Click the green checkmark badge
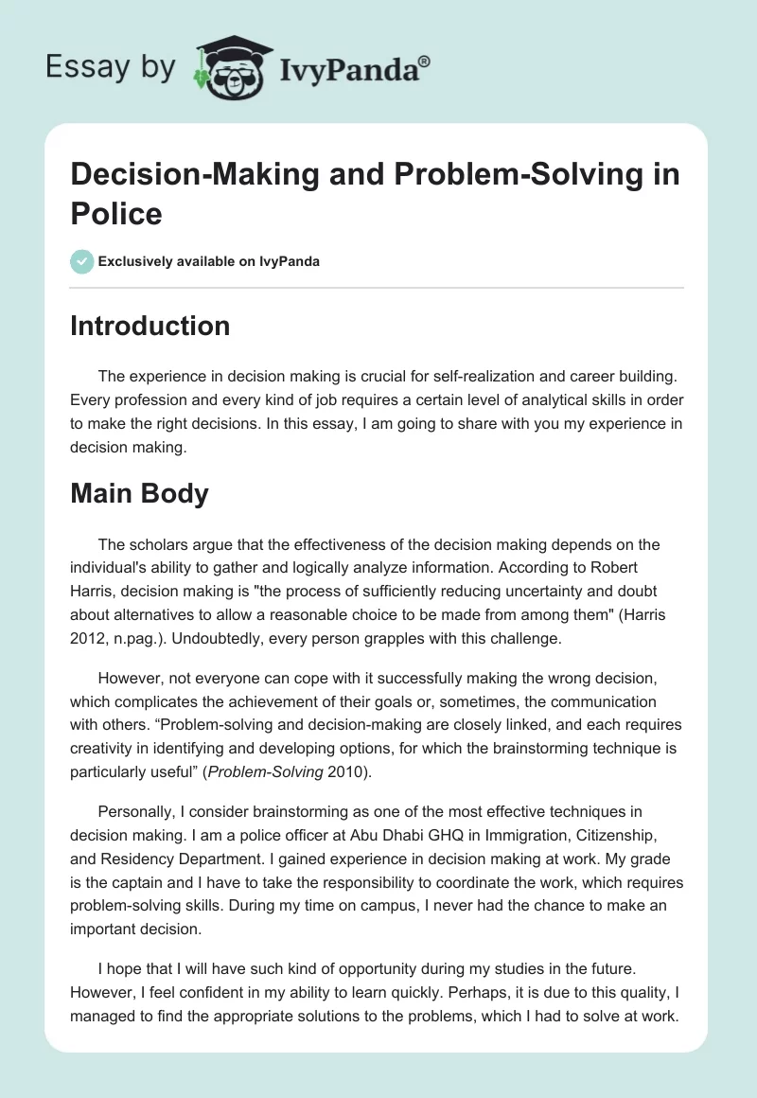coord(82,261)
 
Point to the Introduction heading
coord(150,326)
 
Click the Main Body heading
coord(139,493)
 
